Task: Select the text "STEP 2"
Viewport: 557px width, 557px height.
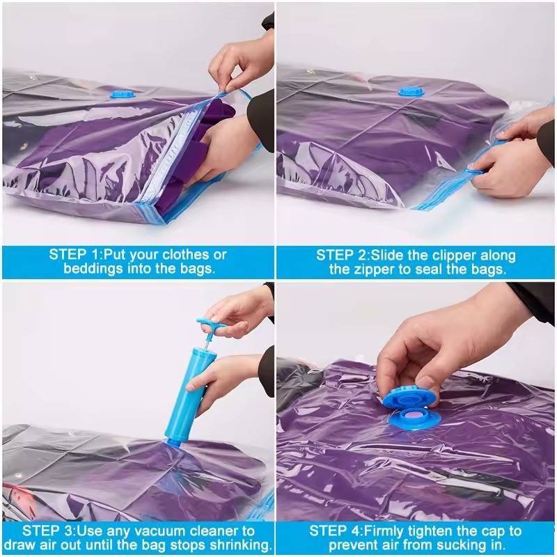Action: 342,255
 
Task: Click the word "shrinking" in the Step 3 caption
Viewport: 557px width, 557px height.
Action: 239,544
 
